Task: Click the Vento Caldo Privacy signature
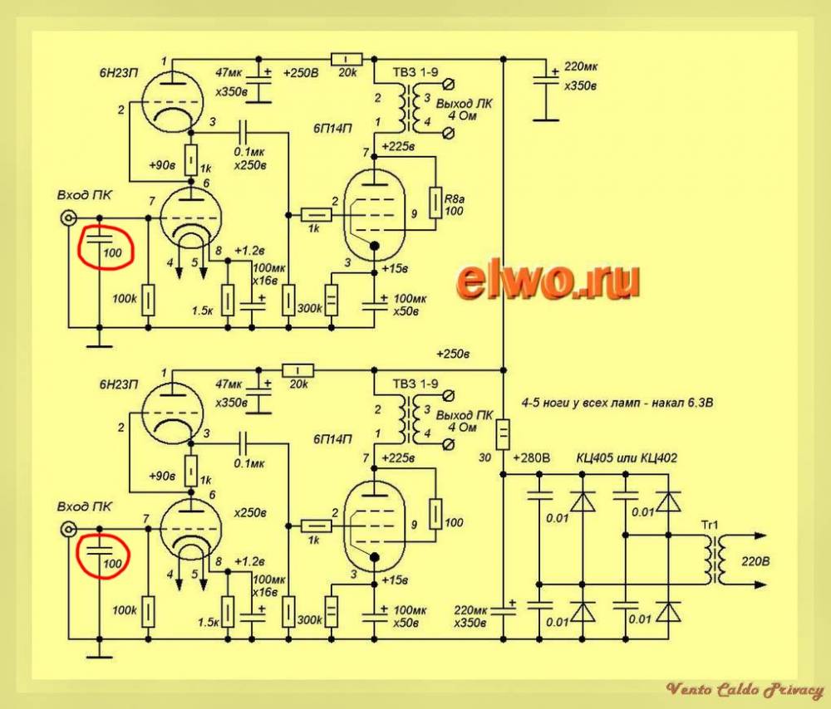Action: pos(744,689)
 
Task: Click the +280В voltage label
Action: pos(533,457)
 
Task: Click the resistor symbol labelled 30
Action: pos(504,433)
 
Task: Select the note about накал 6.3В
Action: pos(617,403)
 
